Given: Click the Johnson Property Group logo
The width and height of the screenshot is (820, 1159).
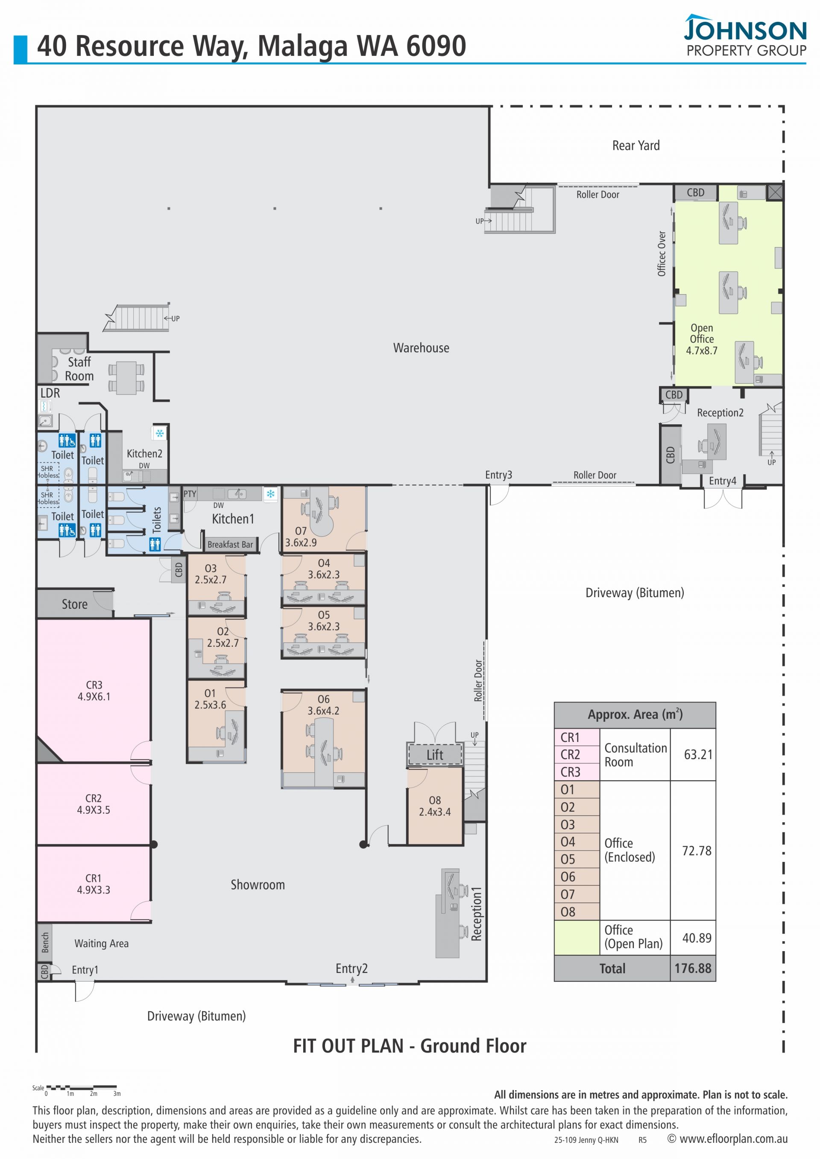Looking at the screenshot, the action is tap(745, 35).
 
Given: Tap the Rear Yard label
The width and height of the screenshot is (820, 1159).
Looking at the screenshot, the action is tap(635, 146).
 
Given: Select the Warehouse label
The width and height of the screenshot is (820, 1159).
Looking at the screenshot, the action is tap(421, 348).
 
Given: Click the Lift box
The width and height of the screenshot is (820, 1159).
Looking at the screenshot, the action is tap(435, 755).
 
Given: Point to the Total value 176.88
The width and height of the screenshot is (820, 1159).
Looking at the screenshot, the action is tap(693, 968).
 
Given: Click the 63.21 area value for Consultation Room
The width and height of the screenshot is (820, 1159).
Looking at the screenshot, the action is tap(698, 754).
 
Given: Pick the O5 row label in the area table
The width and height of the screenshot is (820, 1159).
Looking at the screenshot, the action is tap(568, 859).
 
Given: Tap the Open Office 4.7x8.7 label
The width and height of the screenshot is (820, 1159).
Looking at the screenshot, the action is tap(701, 339).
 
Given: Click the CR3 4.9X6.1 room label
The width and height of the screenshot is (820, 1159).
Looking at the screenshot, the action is tap(94, 691).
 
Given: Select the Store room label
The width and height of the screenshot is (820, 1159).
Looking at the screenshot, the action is tap(75, 604).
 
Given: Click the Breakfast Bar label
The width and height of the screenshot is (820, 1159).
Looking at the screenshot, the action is tap(230, 545).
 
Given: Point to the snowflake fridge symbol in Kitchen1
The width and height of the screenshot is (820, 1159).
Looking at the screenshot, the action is tap(271, 493).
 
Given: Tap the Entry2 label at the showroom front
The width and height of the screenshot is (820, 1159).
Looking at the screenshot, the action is tap(351, 968).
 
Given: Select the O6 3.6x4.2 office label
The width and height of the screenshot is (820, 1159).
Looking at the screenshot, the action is tap(324, 705).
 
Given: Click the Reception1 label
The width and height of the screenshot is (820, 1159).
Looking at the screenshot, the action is tap(476, 914).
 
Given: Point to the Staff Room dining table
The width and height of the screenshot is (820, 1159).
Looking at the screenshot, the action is tap(126, 378).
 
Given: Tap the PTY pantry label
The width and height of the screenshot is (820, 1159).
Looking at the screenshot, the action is tap(190, 493).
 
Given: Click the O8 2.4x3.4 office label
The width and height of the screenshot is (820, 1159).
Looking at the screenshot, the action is tap(435, 806).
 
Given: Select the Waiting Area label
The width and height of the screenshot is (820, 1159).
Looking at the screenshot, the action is tap(102, 943).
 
